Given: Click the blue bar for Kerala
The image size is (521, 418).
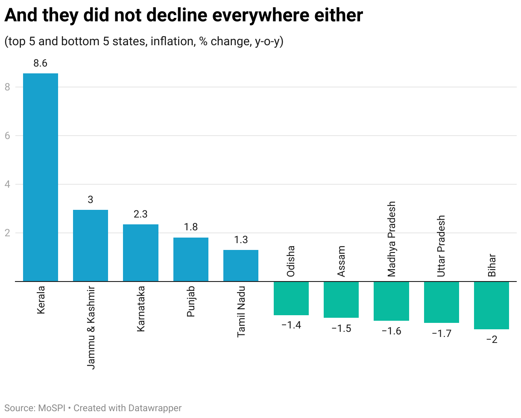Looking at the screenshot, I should click(41, 177).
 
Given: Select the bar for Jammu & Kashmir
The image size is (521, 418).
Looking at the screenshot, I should click(91, 245).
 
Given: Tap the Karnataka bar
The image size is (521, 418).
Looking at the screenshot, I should click(140, 253).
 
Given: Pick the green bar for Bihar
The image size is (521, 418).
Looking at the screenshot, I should click(492, 305).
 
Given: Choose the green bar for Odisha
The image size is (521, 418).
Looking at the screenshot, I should click(291, 298).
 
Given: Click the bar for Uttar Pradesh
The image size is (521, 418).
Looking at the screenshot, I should click(441, 302).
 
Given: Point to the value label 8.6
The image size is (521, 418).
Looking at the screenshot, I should click(41, 64).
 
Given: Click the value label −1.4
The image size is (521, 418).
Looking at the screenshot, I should click(291, 325).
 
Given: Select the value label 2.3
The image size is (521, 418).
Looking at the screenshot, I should click(140, 215).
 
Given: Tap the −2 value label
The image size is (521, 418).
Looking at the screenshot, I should click(492, 340).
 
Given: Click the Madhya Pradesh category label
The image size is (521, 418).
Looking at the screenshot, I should click(392, 239).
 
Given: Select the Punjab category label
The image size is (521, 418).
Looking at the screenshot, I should click(191, 302).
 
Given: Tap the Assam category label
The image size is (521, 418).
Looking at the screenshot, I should click(341, 261).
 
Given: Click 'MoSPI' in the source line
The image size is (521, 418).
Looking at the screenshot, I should click(52, 408).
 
